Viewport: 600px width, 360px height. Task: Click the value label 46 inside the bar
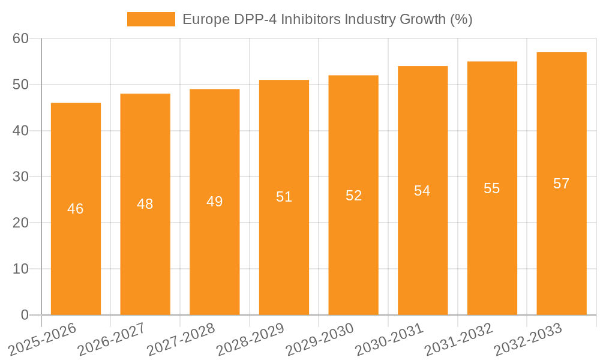[x=76, y=209]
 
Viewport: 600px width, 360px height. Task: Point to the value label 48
[x=145, y=204]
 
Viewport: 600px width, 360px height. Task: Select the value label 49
[x=214, y=202]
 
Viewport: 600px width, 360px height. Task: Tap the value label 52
[x=353, y=195]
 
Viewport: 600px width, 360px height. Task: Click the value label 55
[x=492, y=188]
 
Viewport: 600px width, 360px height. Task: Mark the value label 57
[x=561, y=184]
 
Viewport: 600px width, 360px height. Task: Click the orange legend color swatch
[x=151, y=19]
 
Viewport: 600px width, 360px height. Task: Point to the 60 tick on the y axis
[x=20, y=38]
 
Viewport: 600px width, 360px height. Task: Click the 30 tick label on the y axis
[x=20, y=176]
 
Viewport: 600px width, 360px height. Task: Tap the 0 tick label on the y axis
[x=25, y=315]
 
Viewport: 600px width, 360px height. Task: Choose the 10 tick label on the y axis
[x=20, y=269]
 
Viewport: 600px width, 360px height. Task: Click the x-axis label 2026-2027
[x=112, y=339]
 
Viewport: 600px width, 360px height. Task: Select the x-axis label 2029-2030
[x=320, y=339]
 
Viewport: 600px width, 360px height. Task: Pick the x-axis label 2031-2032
[x=459, y=339]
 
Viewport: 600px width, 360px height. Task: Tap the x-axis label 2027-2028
[x=181, y=339]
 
